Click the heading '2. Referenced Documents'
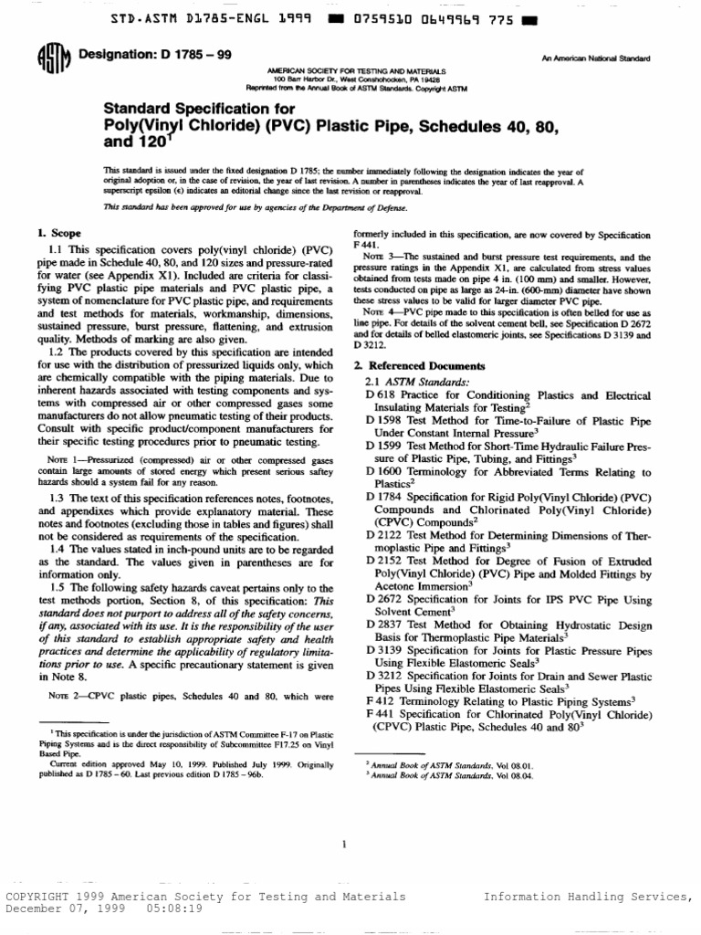point(420,366)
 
